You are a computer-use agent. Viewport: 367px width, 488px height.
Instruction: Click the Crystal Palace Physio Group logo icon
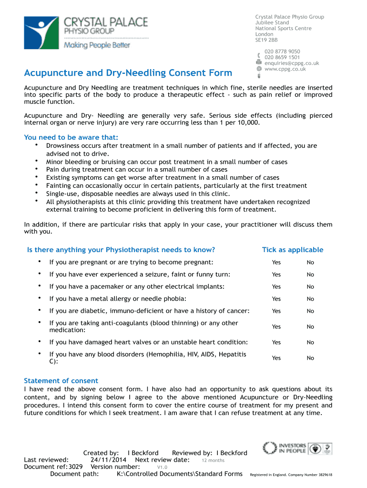[x=41, y=32]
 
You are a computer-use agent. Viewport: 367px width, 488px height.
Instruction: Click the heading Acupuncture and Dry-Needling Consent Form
[x=128, y=73]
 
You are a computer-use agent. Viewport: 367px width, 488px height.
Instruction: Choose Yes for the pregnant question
[x=276, y=263]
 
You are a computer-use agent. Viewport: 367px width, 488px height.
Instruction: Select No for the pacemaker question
[x=310, y=287]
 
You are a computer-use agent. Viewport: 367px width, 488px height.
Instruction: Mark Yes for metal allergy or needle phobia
[x=276, y=299]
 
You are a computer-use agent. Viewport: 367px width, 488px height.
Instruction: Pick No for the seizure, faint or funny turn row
[x=310, y=274]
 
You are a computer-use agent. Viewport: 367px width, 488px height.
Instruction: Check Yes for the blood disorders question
[x=276, y=358]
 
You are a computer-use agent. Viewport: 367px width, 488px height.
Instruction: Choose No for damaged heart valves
[x=310, y=342]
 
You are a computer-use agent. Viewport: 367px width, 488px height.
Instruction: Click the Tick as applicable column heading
[x=292, y=250]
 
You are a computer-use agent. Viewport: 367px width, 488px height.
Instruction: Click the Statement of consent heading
[x=61, y=381]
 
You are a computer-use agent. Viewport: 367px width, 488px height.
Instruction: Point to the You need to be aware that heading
[x=71, y=138]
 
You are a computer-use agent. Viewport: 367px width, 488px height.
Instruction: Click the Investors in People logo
[x=285, y=448]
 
